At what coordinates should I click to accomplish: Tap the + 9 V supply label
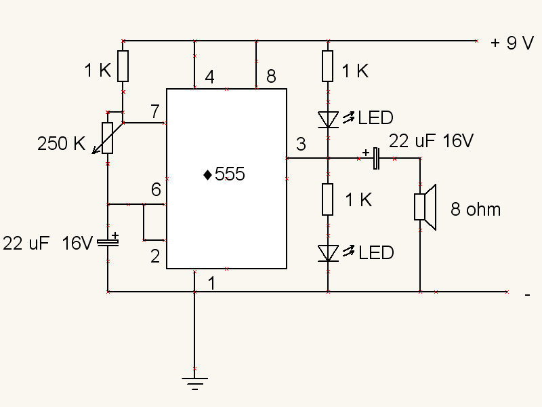512,43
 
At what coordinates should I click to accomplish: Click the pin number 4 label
209,77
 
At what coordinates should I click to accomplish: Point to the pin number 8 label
271,77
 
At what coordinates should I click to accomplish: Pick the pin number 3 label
301,144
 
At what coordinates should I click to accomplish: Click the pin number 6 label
156,190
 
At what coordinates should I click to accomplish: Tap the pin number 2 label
155,256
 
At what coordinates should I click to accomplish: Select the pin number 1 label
211,284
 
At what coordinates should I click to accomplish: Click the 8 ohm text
476,210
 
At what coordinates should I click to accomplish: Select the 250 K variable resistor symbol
107,138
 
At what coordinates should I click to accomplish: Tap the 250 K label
61,144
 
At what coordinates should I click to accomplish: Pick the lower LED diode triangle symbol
328,253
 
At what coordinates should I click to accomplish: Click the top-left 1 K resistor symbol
123,66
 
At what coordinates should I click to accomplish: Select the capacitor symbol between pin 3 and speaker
375,159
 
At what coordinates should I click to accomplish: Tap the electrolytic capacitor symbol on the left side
107,241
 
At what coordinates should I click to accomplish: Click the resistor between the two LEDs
328,199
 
